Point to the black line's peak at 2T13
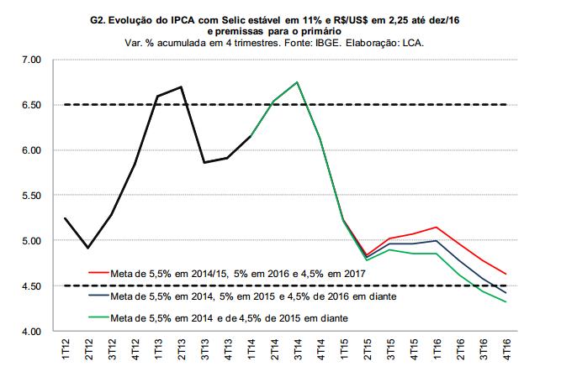182,86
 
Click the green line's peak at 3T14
298,82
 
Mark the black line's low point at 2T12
88,248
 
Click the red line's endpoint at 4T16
505,274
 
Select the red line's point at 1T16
436,227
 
